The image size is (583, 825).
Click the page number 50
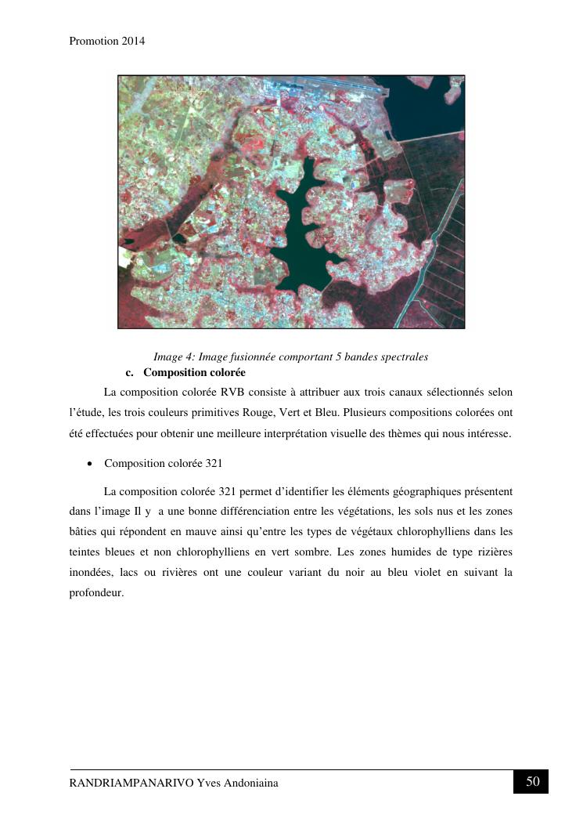point(532,781)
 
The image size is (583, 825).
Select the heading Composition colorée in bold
point(194,372)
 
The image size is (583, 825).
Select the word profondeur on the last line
point(96,593)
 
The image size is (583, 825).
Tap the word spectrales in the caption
point(403,357)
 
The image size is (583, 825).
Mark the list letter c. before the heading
point(130,372)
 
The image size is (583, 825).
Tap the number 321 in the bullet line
point(214,464)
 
